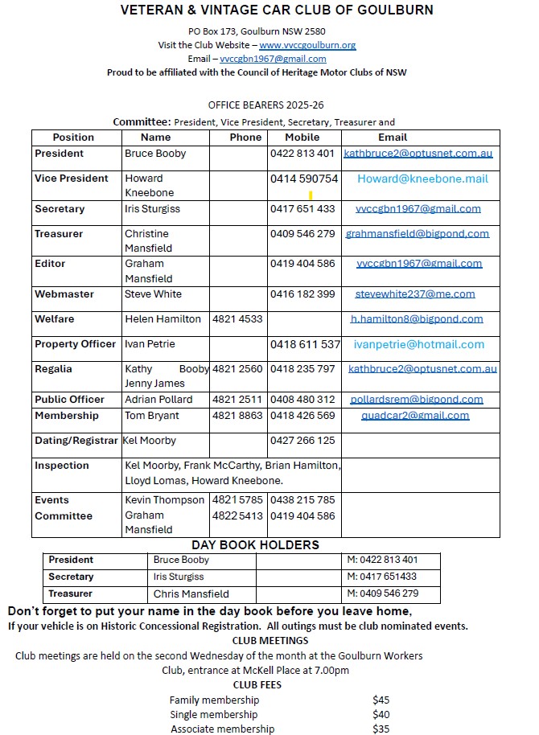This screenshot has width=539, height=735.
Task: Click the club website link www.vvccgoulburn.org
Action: click(307, 45)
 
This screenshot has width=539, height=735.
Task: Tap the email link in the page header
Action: click(273, 59)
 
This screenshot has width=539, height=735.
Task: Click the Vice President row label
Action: click(71, 179)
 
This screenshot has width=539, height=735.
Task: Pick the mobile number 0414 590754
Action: click(304, 179)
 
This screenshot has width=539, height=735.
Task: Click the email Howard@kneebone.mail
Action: click(422, 179)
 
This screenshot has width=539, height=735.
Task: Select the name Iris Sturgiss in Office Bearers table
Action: click(153, 209)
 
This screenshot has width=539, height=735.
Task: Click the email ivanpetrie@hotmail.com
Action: click(419, 344)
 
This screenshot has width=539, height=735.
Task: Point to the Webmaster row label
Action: click(65, 294)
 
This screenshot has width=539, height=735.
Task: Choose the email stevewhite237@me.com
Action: click(415, 294)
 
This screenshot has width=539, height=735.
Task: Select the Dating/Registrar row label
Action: click(76, 441)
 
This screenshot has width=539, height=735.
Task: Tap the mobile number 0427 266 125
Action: click(302, 441)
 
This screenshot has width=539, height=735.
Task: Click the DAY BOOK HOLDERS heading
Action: click(255, 545)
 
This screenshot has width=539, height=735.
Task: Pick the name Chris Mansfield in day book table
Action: click(191, 594)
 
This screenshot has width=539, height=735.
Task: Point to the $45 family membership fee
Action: click(381, 700)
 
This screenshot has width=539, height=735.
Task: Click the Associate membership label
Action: click(222, 729)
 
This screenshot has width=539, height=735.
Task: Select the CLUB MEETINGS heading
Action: click(270, 641)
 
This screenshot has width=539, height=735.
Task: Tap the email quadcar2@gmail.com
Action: click(415, 416)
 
